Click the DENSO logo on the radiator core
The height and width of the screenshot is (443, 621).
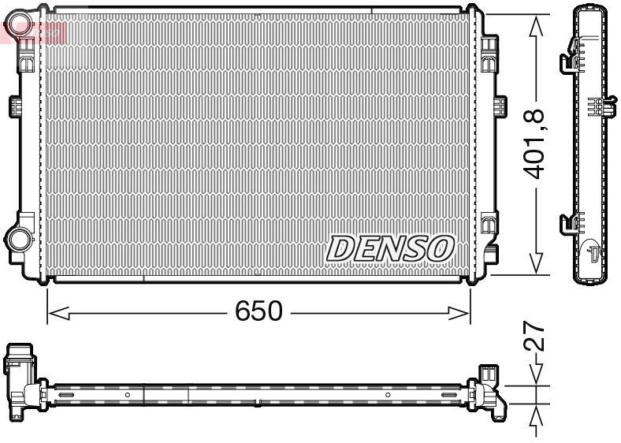[x=391, y=248]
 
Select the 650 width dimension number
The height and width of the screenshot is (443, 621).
[x=258, y=312]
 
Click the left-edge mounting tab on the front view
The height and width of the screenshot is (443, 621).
[x=14, y=106]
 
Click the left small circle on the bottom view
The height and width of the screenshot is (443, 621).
[x=128, y=394]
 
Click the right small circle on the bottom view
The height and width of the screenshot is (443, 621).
[x=388, y=394]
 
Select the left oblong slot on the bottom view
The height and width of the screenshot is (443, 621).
[x=63, y=394]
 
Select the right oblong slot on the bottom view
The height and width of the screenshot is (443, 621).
[x=452, y=394]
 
